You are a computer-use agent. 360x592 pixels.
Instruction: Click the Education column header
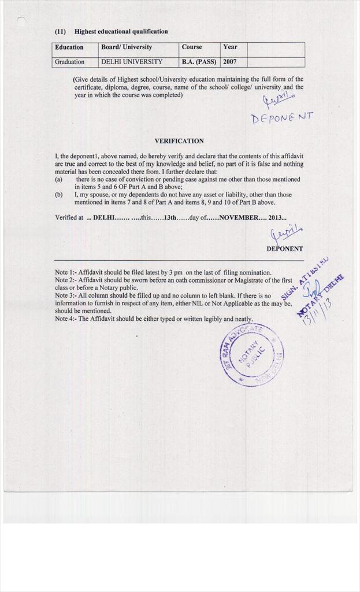tap(69, 47)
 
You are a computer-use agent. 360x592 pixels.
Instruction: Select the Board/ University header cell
tap(127, 47)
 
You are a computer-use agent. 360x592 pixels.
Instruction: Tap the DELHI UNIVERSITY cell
tap(132, 62)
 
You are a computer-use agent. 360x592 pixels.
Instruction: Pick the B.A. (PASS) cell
tap(199, 62)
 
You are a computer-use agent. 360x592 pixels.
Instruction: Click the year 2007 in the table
tap(230, 62)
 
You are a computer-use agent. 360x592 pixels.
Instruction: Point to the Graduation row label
tap(69, 62)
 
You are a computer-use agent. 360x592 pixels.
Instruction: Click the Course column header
tap(192, 47)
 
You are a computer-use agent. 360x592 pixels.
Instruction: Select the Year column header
tap(230, 47)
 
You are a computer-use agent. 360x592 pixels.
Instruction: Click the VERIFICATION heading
tap(179, 141)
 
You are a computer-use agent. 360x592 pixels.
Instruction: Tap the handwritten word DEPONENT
tap(282, 118)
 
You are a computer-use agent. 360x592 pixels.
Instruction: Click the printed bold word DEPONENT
tap(284, 249)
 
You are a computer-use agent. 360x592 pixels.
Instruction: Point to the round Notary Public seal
tap(251, 354)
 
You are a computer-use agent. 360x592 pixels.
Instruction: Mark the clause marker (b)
tap(59, 195)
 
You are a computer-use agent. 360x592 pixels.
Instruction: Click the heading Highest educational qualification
tap(121, 32)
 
